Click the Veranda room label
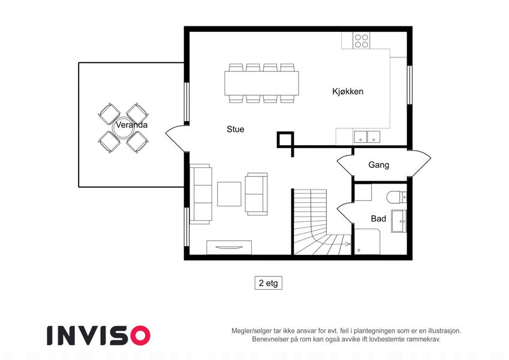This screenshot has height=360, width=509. (x=131, y=125)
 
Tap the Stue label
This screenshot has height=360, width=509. (x=236, y=130)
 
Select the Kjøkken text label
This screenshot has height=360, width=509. (x=348, y=91)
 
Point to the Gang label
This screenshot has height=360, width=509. (x=378, y=165)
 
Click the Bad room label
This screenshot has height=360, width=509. (x=378, y=218)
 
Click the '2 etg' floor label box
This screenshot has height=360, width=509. (x=269, y=283)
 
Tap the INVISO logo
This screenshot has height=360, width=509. (x=98, y=335)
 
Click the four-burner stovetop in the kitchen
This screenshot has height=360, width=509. (x=362, y=41)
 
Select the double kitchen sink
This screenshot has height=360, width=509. (x=367, y=137)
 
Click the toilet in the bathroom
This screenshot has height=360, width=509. (x=396, y=197)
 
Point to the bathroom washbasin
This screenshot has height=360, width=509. (x=399, y=221)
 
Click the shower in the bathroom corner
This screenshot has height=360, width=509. (x=367, y=242)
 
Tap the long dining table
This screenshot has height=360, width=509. (x=261, y=83)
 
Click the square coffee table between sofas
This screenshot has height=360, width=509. (x=229, y=194)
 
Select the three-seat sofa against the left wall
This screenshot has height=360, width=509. (x=201, y=194)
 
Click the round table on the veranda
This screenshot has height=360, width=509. (x=123, y=128)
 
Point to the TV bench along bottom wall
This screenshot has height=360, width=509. (x=229, y=248)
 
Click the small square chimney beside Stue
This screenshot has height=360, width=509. (x=285, y=140)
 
